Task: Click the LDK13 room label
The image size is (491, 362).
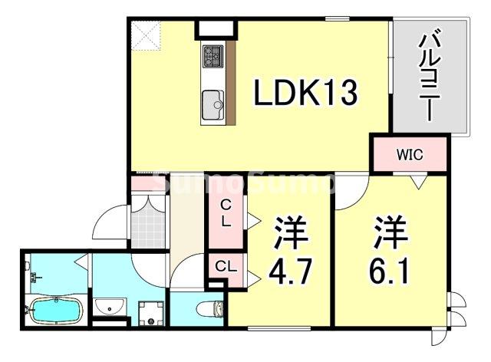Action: [x=305, y=94]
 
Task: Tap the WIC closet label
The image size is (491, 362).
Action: [x=409, y=155]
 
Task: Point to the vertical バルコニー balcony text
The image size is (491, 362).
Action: [x=427, y=77]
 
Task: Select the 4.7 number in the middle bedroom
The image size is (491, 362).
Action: [x=288, y=271]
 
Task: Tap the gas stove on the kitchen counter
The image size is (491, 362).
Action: [x=213, y=55]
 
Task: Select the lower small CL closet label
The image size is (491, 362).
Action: [x=224, y=267]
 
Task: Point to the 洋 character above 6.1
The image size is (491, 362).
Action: [x=388, y=230]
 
